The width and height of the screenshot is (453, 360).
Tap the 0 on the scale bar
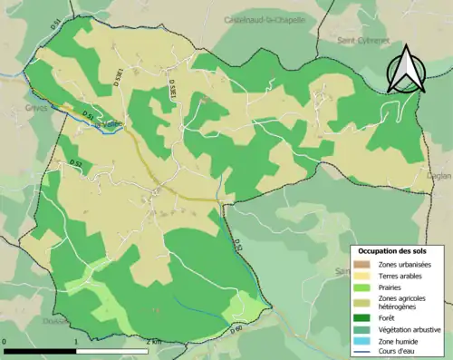[5, 342]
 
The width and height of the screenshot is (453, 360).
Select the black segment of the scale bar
[40, 350]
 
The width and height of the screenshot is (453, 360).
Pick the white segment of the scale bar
[111, 350]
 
